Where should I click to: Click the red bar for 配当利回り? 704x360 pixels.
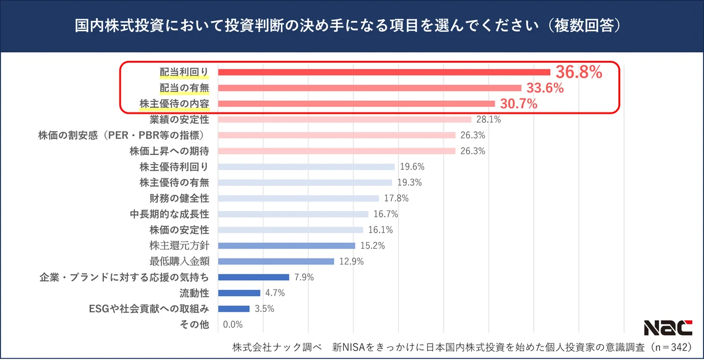[x=384, y=72]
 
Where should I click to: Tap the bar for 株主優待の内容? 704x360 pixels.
[x=356, y=104]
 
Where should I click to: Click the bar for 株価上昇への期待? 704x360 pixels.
[x=336, y=151]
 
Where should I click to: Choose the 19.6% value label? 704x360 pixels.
[x=411, y=167]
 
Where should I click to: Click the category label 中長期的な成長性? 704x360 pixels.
[x=169, y=214]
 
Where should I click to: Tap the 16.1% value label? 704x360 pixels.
[x=380, y=230]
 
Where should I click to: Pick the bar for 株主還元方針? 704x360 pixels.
[x=286, y=246]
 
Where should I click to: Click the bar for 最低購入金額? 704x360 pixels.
[x=276, y=261]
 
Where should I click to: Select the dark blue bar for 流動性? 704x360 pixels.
[x=239, y=293]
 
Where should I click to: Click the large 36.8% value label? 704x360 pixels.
[x=579, y=72]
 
